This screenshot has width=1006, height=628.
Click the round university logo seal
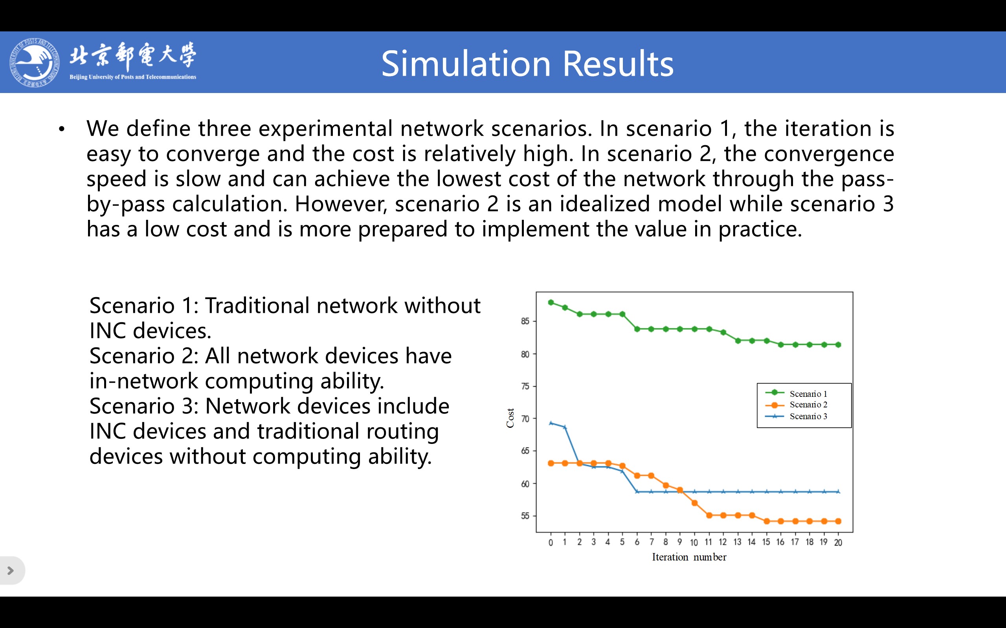pyautogui.click(x=35, y=62)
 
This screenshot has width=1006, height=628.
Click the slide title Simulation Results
pyautogui.click(x=527, y=64)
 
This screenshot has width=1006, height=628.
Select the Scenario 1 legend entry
pyautogui.click(x=796, y=393)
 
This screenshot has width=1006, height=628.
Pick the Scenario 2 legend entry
pyautogui.click(x=796, y=405)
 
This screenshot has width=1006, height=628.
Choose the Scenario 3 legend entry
pyautogui.click(x=796, y=416)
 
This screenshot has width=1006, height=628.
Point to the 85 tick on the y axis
pyautogui.click(x=525, y=321)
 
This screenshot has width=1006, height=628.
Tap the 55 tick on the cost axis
pyautogui.click(x=525, y=516)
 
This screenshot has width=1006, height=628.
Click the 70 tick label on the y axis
pyautogui.click(x=525, y=419)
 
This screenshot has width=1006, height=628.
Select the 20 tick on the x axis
pyautogui.click(x=838, y=542)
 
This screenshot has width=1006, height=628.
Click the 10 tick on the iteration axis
pyautogui.click(x=694, y=542)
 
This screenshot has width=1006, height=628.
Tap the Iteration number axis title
pyautogui.click(x=689, y=557)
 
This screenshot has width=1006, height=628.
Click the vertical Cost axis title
pyautogui.click(x=510, y=418)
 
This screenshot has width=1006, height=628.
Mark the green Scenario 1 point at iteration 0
pyautogui.click(x=551, y=302)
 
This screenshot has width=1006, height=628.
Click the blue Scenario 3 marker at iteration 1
pyautogui.click(x=565, y=427)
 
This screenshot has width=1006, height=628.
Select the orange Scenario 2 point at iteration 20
pyautogui.click(x=838, y=521)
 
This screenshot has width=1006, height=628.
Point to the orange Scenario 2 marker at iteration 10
pyautogui.click(x=694, y=503)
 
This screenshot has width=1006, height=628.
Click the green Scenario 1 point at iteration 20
pyautogui.click(x=838, y=345)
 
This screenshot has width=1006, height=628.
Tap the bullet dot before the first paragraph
pyautogui.click(x=62, y=129)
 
